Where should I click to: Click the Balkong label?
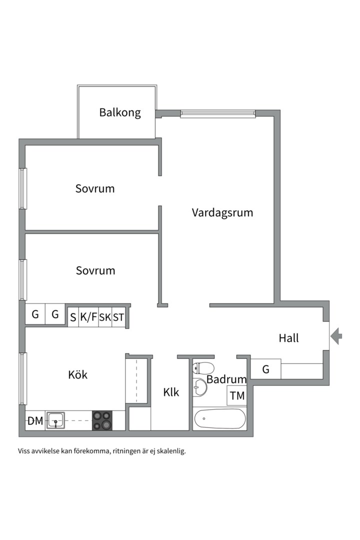120,112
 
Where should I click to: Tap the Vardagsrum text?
222,212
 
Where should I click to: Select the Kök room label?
77,374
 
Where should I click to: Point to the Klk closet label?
171,392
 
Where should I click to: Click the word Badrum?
226,379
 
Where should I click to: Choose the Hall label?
288,338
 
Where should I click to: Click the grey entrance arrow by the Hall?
337,335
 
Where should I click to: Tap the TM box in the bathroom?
237,396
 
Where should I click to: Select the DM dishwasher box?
35,421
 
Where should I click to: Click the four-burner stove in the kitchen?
102,420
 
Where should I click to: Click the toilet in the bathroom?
202,368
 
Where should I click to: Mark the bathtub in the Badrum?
220,418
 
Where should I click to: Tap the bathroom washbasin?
200,387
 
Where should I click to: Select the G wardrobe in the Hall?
265,369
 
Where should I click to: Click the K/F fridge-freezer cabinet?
88,317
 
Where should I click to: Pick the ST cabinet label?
118,317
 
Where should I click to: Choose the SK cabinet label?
105,317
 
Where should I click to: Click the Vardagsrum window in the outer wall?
217,114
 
